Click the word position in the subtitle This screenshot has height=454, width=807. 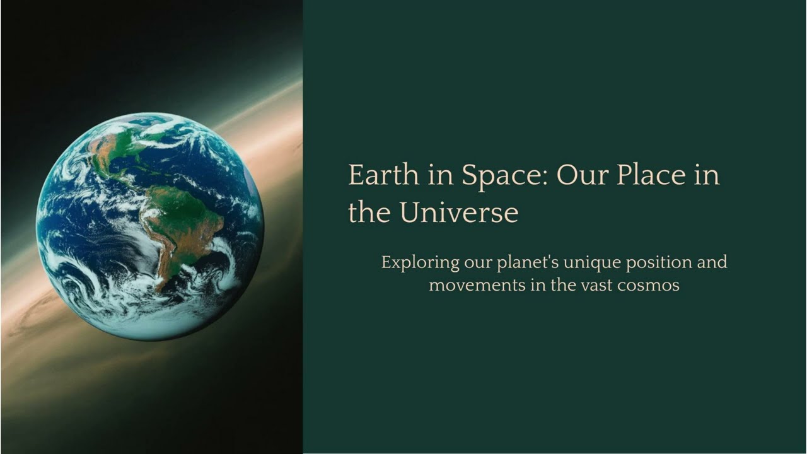pos(659,262)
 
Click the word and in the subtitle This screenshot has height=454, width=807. pos(712,262)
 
